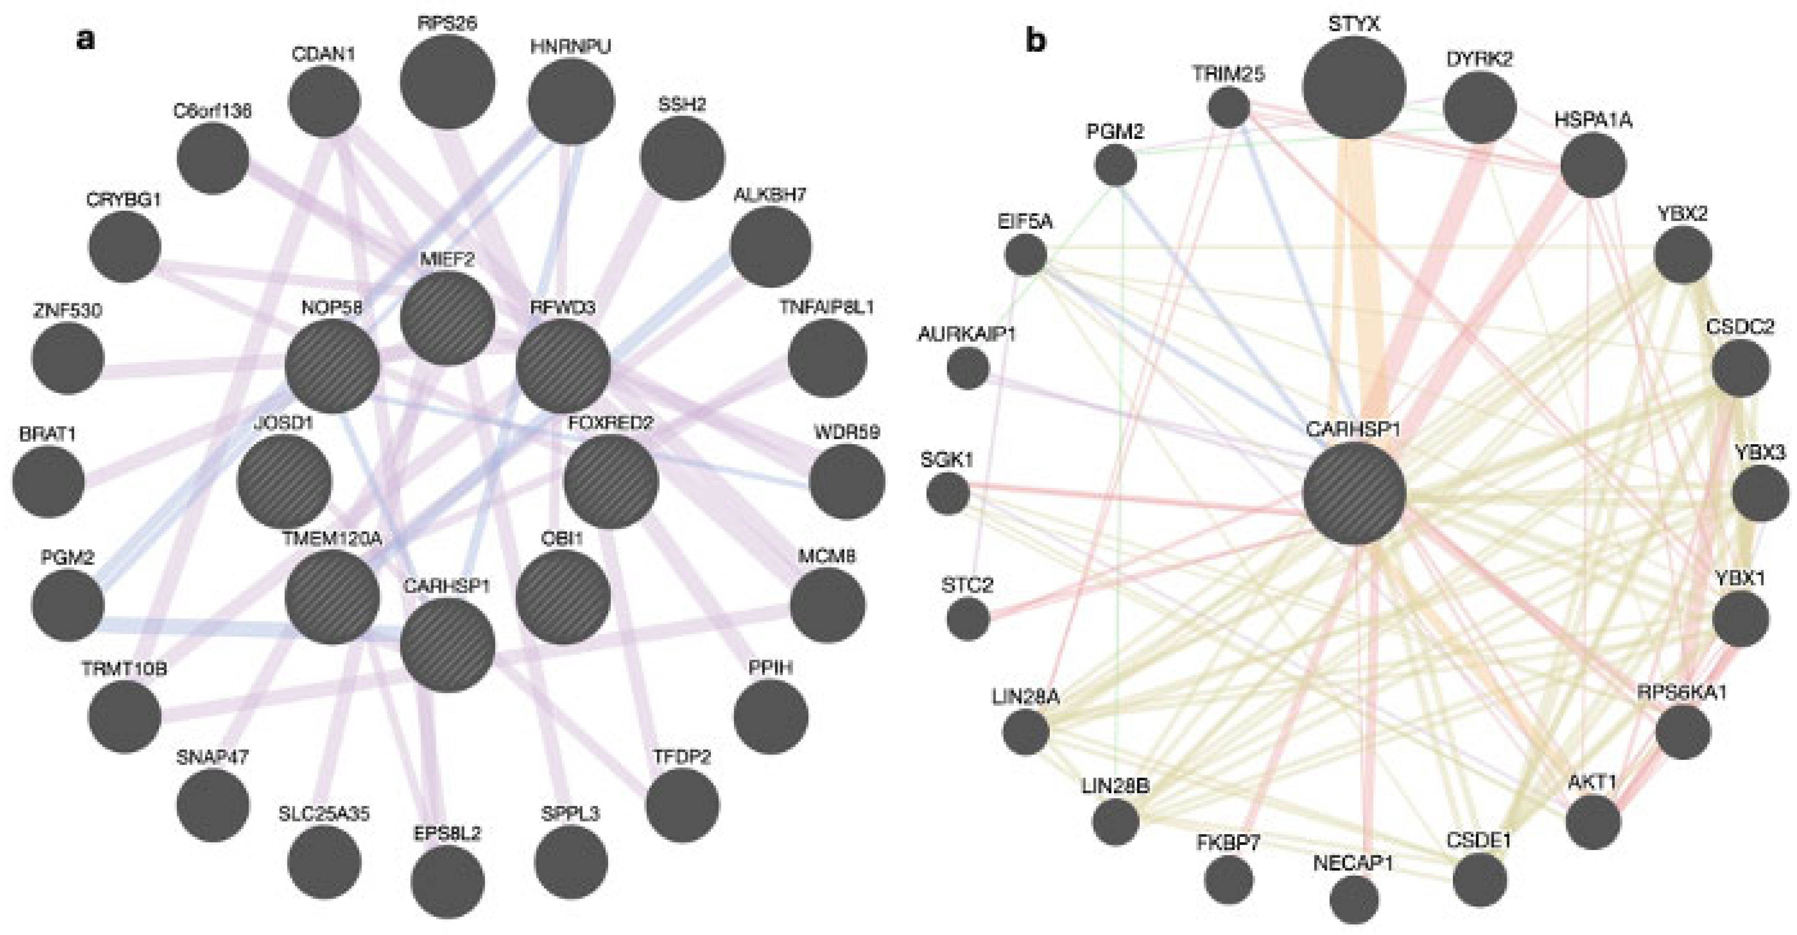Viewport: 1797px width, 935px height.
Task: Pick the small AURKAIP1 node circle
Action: [x=968, y=368]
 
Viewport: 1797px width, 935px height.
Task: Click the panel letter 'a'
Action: [x=85, y=40]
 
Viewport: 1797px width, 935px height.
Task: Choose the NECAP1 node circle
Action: [x=1354, y=899]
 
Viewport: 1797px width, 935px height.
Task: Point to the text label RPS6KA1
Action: [x=1682, y=694]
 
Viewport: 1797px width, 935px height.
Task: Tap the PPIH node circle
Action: [x=771, y=716]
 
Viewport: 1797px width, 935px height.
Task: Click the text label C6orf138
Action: [x=213, y=111]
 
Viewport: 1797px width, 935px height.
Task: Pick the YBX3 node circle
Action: [x=1761, y=494]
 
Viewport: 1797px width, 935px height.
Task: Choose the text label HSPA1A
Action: [x=1593, y=121]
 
